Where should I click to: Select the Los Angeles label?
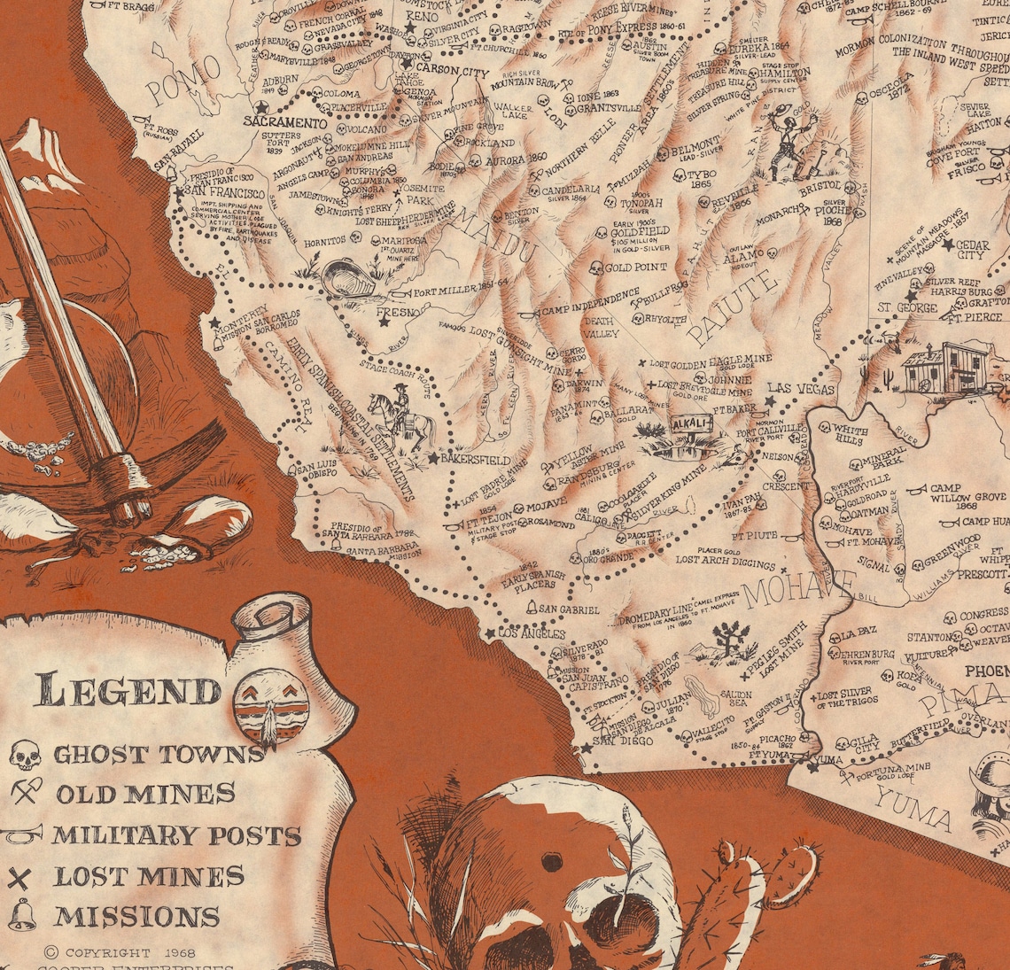coord(532,634)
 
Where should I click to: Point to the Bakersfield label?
coord(478,460)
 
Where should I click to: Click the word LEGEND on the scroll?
coord(129,691)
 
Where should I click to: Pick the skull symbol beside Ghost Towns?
coord(26,755)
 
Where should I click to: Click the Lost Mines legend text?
coord(149,876)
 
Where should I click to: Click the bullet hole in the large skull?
coord(551,861)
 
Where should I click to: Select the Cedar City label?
coord(971,250)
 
